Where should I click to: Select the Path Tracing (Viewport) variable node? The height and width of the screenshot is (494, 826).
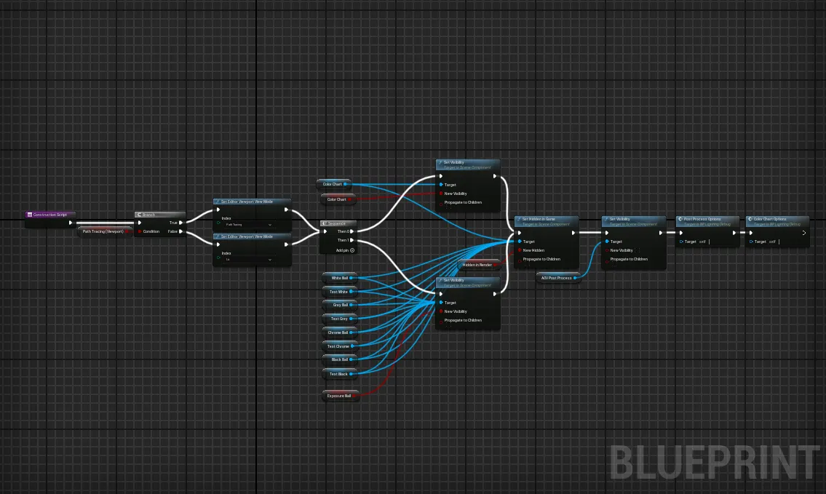coord(103,231)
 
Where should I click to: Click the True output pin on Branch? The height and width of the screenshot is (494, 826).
coord(181,223)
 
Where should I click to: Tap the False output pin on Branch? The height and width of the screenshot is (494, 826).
coord(181,231)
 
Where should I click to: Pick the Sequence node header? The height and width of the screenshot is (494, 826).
coord(338,223)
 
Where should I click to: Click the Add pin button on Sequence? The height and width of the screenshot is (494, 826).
coord(352,250)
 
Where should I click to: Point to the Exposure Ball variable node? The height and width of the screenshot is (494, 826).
coord(340,396)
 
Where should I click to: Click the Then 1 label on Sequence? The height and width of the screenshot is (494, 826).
coord(343,240)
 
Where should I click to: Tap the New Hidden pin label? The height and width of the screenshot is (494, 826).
coord(533,250)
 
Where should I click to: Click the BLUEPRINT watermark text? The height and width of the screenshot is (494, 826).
coord(715,463)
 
